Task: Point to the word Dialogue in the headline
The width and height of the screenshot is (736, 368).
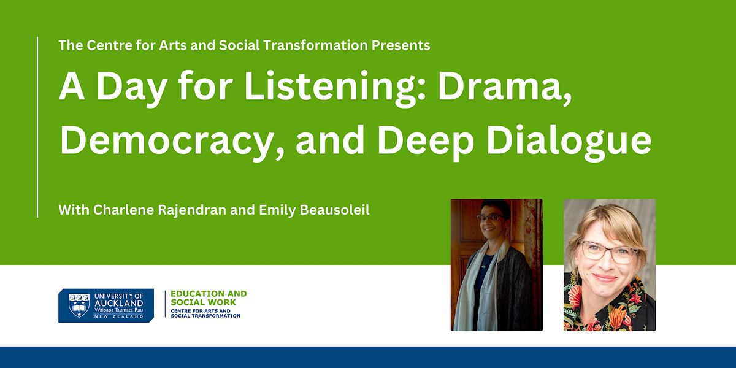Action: click(569, 140)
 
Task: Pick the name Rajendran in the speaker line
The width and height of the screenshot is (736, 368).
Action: click(192, 210)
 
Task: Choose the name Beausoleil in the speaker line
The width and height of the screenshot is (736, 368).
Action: click(334, 210)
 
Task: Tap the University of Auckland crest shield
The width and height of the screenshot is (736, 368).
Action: click(79, 305)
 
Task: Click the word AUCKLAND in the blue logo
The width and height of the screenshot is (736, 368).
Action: click(118, 303)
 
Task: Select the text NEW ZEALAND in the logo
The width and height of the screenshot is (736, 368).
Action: click(118, 316)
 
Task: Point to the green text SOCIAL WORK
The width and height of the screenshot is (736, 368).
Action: click(203, 302)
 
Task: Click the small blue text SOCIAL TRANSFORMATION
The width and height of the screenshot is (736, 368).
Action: click(205, 316)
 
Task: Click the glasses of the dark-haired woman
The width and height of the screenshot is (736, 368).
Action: click(490, 217)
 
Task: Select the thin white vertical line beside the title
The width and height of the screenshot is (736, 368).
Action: click(37, 127)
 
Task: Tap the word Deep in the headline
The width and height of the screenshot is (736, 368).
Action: click(426, 141)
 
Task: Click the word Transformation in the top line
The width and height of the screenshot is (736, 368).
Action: click(315, 45)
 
